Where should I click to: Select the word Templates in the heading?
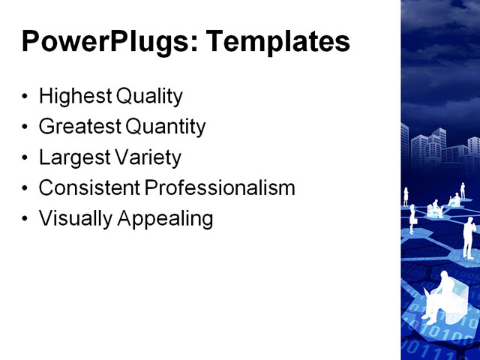coord(278,41)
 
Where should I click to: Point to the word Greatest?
coord(78,127)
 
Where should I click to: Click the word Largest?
coord(72,158)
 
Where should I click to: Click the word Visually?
coord(73,219)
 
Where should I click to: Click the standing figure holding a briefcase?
coord(412,218)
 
